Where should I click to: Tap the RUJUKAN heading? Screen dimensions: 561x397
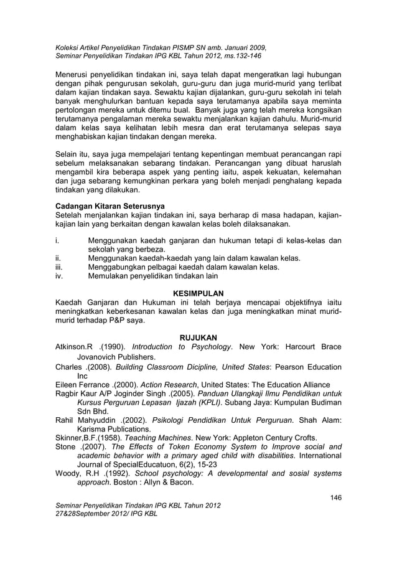[x=198, y=337]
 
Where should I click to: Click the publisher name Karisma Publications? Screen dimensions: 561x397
[x=113, y=428]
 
